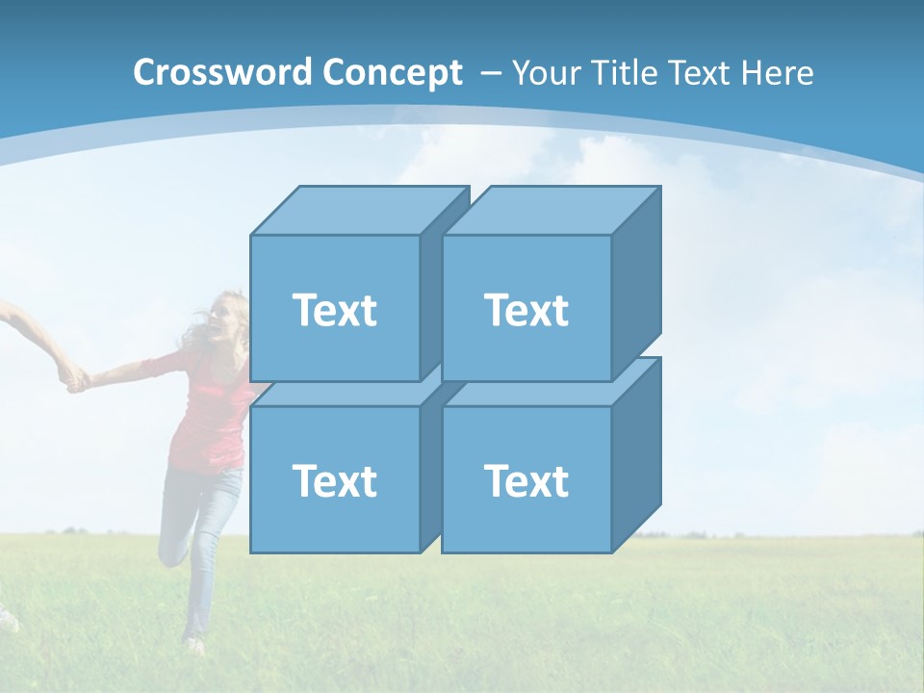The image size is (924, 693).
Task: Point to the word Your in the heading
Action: pyautogui.click(x=545, y=72)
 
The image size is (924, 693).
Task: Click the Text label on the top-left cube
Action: pyautogui.click(x=334, y=310)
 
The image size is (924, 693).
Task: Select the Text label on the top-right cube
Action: pyautogui.click(x=526, y=310)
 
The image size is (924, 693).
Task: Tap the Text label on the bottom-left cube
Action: pyautogui.click(x=334, y=480)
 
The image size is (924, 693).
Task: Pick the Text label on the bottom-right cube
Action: pyautogui.click(x=526, y=480)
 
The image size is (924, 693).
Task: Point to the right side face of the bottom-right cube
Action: pyautogui.click(x=636, y=452)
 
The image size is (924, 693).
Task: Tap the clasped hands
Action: pyautogui.click(x=72, y=377)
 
